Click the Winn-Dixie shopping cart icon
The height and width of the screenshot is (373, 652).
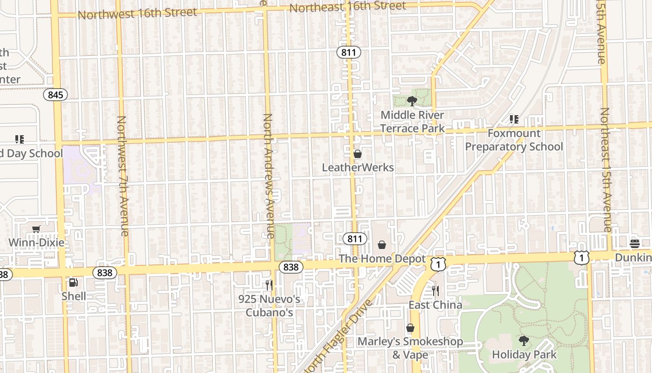click(36, 229)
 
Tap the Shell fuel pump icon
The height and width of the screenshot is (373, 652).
click(73, 283)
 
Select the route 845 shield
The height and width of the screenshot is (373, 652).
click(55, 95)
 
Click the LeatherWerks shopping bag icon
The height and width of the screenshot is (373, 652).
click(358, 154)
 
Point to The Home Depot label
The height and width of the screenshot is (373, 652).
click(382, 259)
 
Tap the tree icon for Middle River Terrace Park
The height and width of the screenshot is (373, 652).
click(412, 101)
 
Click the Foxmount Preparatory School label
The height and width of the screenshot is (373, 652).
click(514, 140)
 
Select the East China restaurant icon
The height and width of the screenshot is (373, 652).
click(435, 291)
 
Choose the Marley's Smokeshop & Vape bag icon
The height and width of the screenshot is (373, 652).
click(410, 328)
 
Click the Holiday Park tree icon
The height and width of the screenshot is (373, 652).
click(524, 341)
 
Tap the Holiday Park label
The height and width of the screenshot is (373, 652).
click(524, 355)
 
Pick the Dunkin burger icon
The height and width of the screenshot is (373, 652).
click(634, 243)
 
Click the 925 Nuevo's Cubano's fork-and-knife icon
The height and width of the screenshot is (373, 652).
click(269, 285)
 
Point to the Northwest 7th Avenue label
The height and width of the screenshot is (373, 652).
click(122, 176)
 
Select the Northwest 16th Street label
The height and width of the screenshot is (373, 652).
click(137, 14)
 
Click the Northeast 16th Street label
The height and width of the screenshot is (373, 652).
click(347, 7)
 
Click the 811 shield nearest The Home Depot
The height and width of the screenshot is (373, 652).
click(354, 239)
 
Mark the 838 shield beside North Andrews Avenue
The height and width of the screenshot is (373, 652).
click(291, 267)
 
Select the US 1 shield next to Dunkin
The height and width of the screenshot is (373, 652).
click(581, 257)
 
